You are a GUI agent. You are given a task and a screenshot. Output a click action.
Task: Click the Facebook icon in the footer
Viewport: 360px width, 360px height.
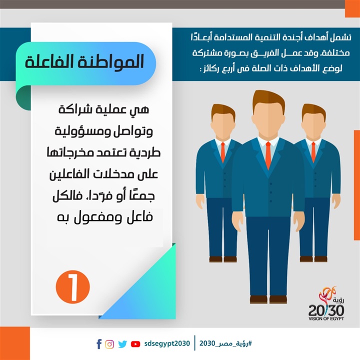tap(99, 344)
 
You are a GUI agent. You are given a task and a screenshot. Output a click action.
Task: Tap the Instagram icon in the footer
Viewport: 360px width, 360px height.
tap(109, 344)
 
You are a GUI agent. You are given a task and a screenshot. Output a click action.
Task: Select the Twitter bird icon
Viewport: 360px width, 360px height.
tap(122, 344)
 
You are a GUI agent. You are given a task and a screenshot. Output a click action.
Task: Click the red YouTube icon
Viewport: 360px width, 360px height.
tap(135, 344)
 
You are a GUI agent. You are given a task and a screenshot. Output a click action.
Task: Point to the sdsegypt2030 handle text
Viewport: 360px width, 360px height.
tap(167, 343)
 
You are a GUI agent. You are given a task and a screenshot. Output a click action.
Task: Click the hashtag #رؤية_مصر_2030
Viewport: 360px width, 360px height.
tap(225, 343)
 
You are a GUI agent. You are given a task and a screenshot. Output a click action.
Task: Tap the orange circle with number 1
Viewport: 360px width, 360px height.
tap(73, 287)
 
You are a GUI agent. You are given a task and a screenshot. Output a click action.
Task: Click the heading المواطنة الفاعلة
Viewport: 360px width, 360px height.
tap(84, 61)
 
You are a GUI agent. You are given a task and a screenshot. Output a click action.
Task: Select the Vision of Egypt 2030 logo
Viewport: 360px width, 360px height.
tap(326, 303)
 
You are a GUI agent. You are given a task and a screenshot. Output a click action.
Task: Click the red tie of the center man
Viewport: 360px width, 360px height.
tap(268, 155)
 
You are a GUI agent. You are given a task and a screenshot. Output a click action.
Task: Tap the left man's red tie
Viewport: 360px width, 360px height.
tap(222, 152)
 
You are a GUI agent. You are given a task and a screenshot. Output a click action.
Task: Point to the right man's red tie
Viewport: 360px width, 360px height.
tap(313, 152)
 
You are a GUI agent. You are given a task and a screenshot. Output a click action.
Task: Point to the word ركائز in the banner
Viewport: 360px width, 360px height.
tap(210, 68)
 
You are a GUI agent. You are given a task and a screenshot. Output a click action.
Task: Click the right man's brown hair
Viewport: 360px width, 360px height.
tap(313, 110)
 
